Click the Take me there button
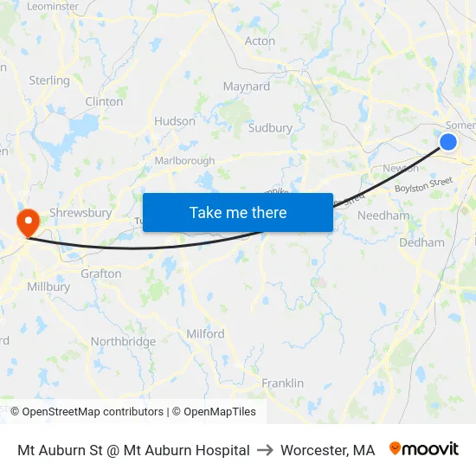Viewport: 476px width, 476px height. (238, 212)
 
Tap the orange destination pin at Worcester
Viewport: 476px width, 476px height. (27, 222)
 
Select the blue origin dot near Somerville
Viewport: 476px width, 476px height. (448, 142)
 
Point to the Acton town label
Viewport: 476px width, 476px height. (260, 41)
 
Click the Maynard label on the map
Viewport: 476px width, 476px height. (247, 87)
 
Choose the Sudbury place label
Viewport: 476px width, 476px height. (270, 128)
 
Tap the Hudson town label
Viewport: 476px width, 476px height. (175, 121)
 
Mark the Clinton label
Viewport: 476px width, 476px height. (104, 101)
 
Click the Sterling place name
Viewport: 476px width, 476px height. (49, 80)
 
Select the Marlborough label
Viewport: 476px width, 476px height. (184, 161)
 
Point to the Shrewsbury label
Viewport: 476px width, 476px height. (80, 213)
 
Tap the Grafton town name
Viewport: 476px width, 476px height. (101, 273)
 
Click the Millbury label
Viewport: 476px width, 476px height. (48, 286)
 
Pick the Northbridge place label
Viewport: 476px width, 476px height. (124, 342)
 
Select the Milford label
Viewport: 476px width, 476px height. (205, 333)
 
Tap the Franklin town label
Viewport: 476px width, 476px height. (283, 383)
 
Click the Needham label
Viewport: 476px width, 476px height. (383, 215)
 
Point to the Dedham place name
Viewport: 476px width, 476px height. (421, 243)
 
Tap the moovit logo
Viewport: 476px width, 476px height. (424, 449)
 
